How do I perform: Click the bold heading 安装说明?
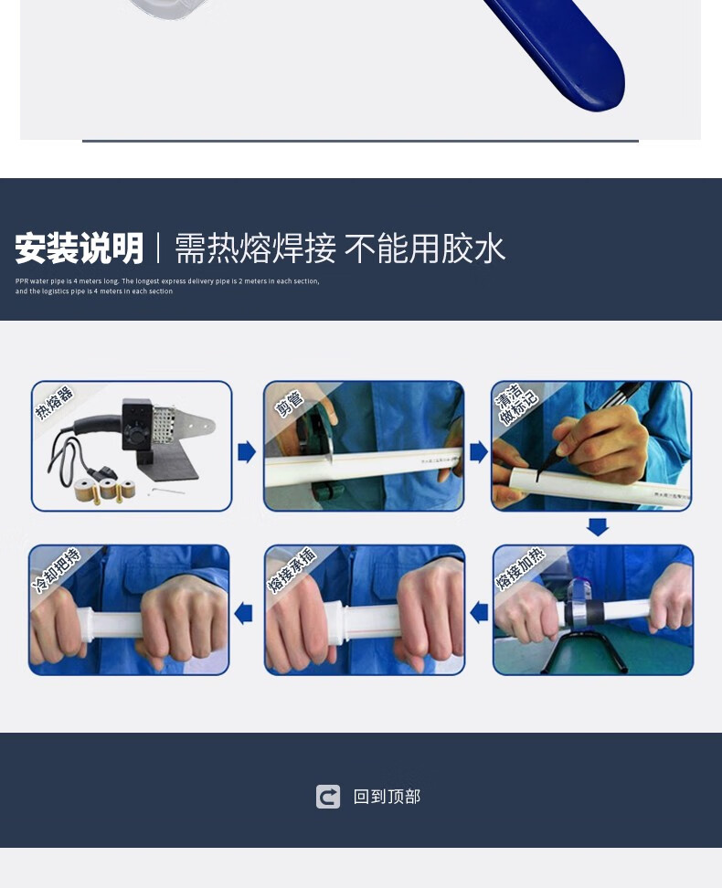pyautogui.click(x=80, y=248)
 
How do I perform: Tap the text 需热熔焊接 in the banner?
pyautogui.click(x=255, y=248)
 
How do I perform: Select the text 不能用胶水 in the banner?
pyautogui.click(x=425, y=248)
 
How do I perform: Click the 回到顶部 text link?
pyautogui.click(x=387, y=797)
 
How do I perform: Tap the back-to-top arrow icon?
pyautogui.click(x=328, y=797)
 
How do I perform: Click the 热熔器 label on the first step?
pyautogui.click(x=54, y=403)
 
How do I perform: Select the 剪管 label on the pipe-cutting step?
pyautogui.click(x=288, y=403)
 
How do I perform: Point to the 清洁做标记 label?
pyautogui.click(x=516, y=404)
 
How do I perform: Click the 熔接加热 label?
pyautogui.click(x=519, y=568)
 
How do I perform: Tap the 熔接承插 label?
pyautogui.click(x=292, y=570)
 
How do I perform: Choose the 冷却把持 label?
pyautogui.click(x=56, y=570)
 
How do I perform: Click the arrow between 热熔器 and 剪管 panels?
pyautogui.click(x=247, y=451)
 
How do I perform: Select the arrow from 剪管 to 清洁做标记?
pyautogui.click(x=478, y=451)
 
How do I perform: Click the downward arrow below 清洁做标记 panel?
pyautogui.click(x=597, y=527)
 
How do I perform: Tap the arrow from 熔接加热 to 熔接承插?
pyautogui.click(x=478, y=612)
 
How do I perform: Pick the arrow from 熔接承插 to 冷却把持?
pyautogui.click(x=243, y=612)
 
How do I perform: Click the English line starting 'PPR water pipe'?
pyautogui.click(x=167, y=281)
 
